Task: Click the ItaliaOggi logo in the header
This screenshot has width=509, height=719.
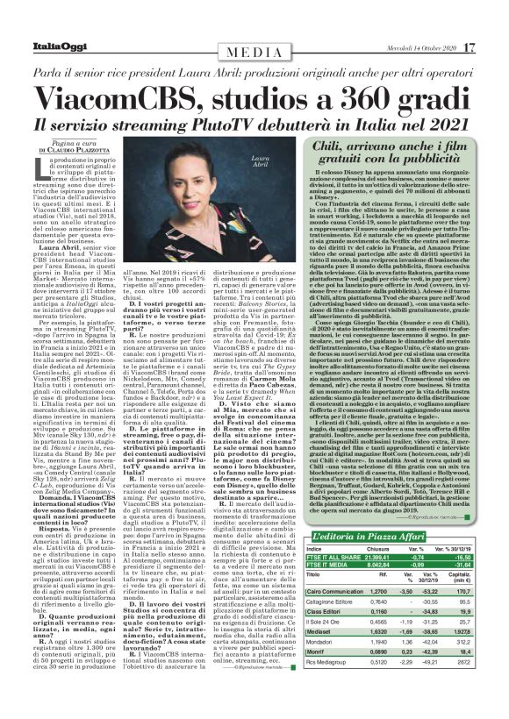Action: (x=39, y=21)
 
